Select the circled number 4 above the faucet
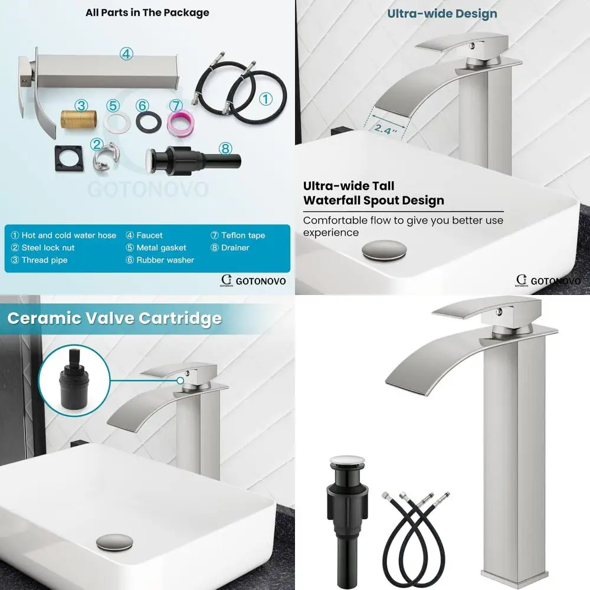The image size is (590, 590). [126, 53]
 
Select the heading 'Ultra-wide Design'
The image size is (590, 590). [442, 14]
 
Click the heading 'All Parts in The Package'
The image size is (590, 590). [147, 12]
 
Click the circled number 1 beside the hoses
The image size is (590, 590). [266, 99]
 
